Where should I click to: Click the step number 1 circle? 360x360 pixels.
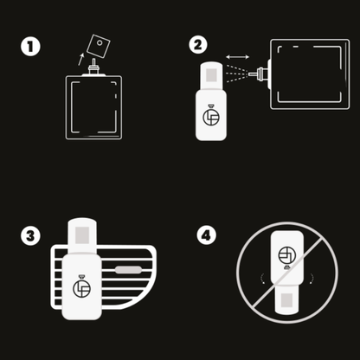30,47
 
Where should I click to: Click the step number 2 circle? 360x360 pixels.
198,45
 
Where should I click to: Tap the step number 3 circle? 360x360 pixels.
30,235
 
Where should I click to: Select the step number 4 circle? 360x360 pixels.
207,235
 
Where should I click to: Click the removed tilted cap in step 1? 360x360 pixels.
99,46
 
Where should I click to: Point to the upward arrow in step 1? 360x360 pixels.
81,59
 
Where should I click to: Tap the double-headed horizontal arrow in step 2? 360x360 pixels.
237,57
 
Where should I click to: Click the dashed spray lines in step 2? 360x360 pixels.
237,74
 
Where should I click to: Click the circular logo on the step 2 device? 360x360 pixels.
211,117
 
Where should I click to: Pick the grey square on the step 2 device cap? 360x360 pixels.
211,74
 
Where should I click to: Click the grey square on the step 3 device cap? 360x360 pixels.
82,235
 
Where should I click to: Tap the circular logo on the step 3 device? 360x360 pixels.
82,289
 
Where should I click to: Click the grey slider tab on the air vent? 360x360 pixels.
128,270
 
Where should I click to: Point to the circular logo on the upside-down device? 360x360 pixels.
287,255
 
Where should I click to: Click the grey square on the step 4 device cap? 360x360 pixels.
287,300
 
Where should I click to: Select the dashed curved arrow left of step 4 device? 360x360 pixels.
262,279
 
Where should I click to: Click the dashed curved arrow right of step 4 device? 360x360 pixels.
312,279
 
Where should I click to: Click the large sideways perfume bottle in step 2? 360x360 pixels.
309,74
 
